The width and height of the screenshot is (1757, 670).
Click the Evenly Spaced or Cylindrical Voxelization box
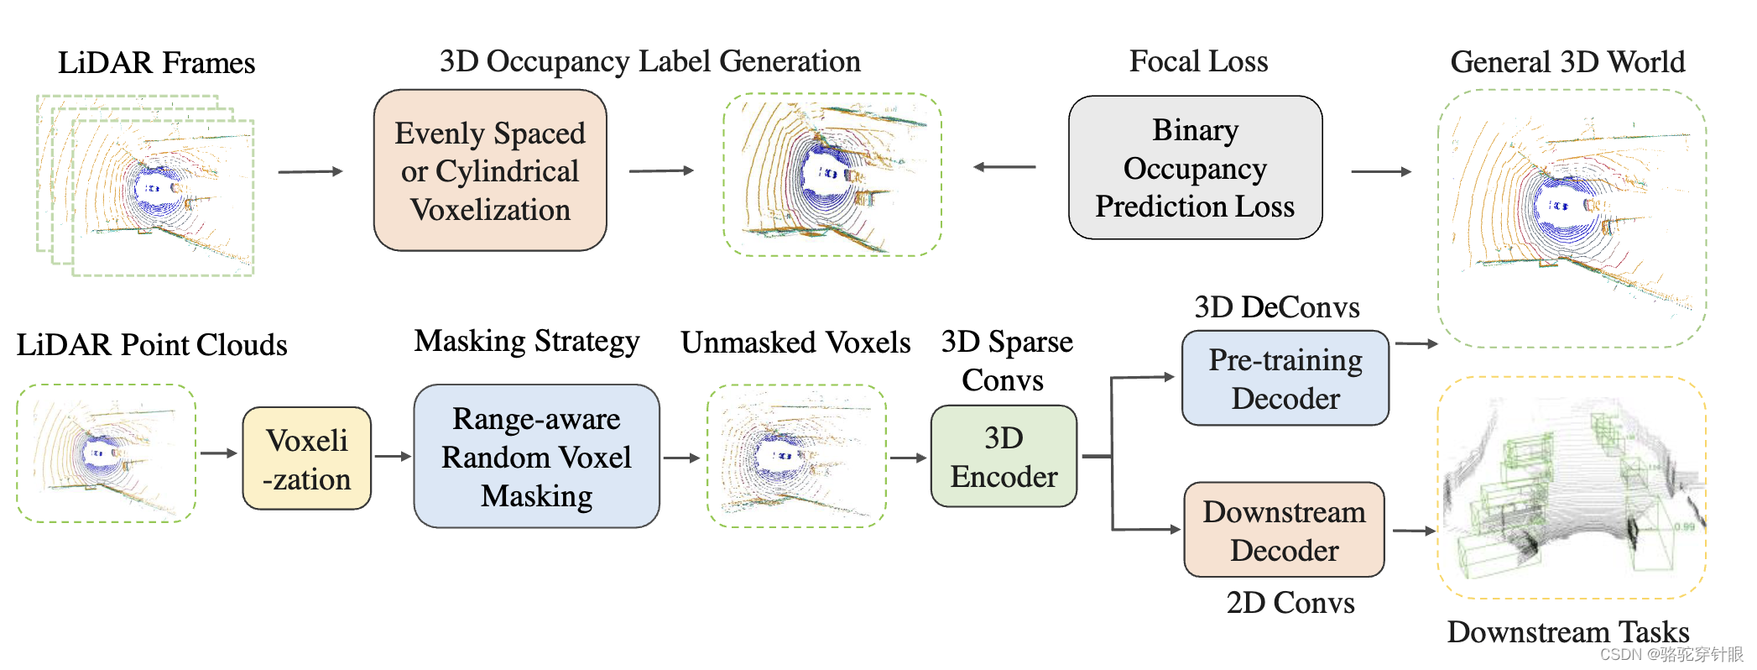[490, 170]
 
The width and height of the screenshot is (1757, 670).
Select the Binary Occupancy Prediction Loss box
[1195, 168]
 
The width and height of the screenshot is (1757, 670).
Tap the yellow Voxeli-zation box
[306, 458]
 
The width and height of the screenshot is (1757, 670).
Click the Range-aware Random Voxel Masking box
[536, 457]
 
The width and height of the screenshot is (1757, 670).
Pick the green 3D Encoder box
[1004, 457]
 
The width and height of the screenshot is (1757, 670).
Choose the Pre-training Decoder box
[1285, 379]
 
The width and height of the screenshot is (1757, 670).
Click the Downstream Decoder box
[1284, 530]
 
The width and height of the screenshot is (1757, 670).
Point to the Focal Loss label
[1198, 61]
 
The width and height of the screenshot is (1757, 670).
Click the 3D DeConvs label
[1276, 307]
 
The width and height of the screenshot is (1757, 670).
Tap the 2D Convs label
[1290, 603]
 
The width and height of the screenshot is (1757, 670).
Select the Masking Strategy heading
[527, 342]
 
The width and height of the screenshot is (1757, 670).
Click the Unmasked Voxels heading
[795, 343]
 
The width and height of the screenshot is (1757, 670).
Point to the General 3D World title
[1567, 62]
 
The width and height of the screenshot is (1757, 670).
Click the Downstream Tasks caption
[1567, 631]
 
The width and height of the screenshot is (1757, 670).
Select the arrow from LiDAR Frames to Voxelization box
[310, 171]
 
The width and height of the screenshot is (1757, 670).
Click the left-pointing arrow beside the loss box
[1004, 167]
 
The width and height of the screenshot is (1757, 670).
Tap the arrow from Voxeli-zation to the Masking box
[392, 457]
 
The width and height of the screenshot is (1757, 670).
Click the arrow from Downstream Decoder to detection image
[1414, 531]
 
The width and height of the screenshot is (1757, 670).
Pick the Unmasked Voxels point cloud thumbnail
[796, 457]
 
